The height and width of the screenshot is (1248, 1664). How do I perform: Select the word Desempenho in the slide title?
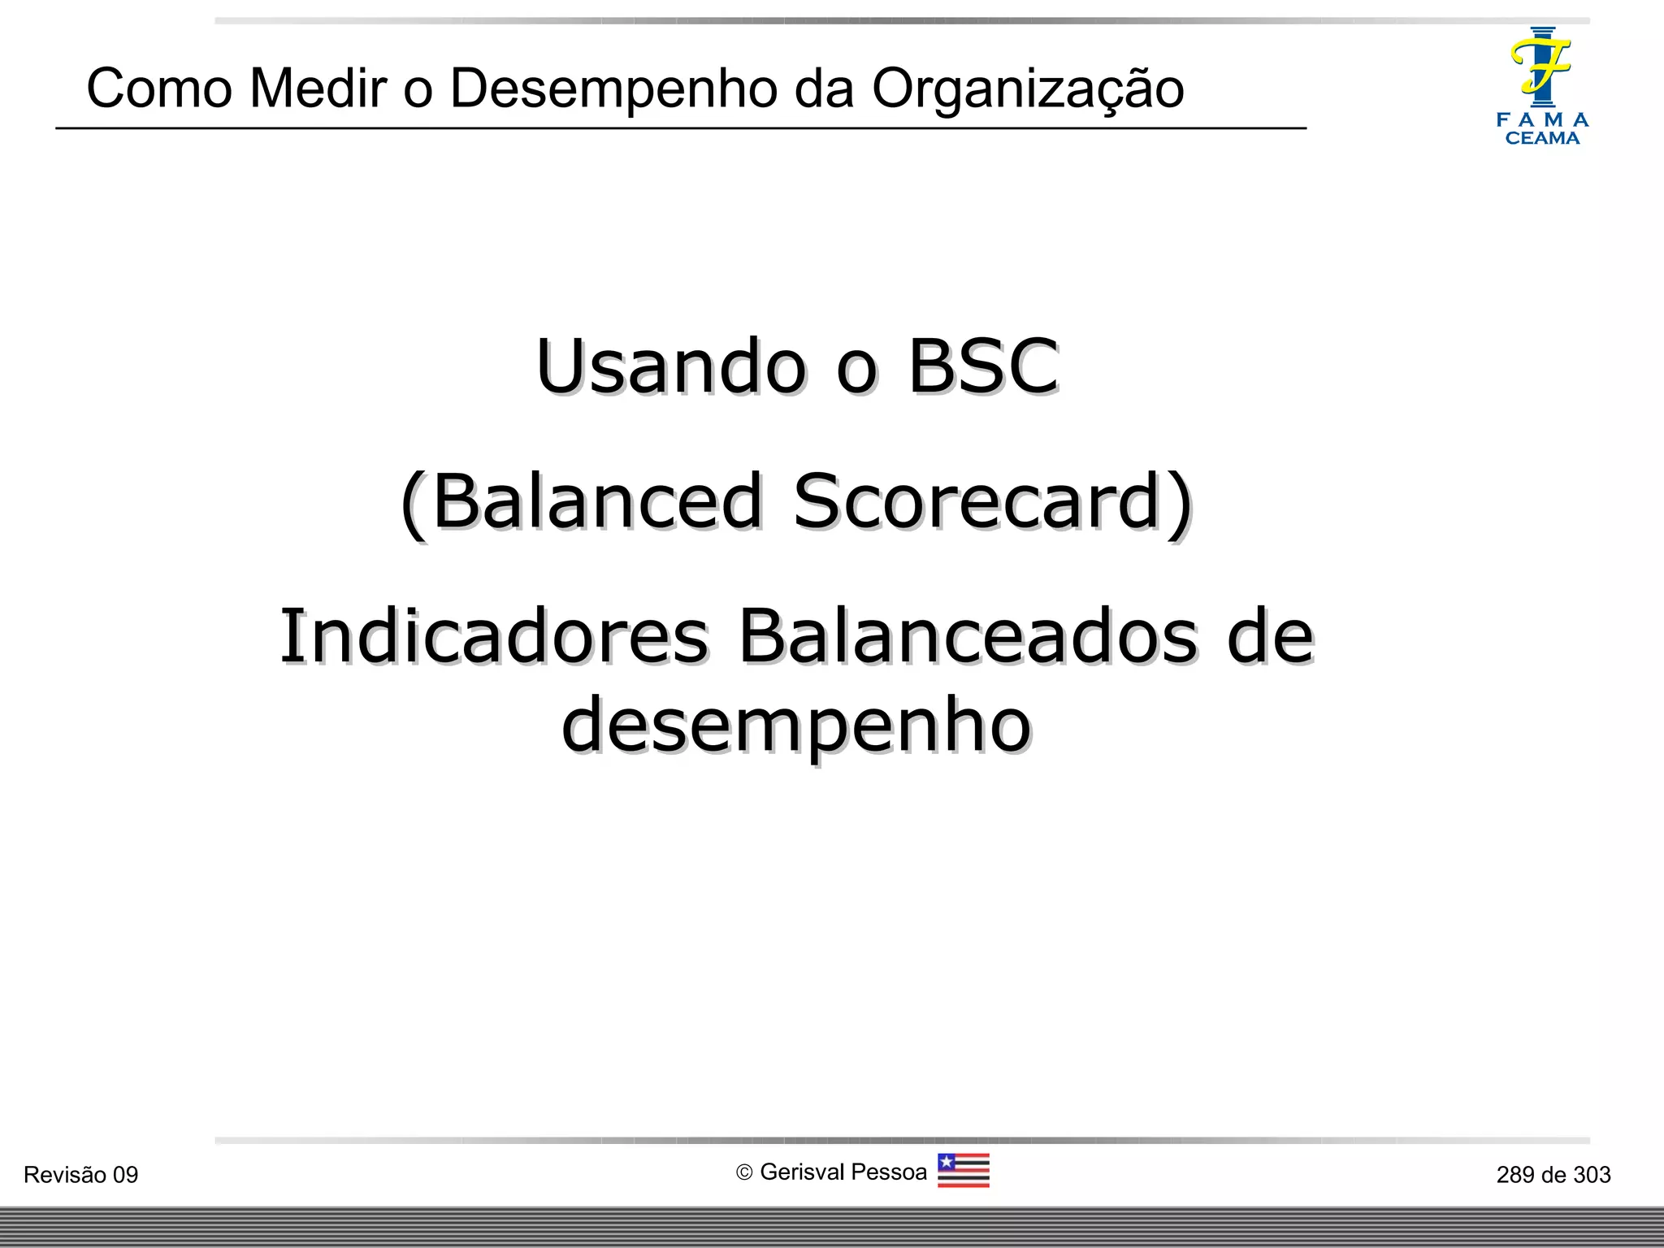click(x=613, y=89)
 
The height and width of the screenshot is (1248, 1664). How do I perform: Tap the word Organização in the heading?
click(x=1028, y=89)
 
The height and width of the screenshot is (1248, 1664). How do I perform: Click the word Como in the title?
click(x=159, y=88)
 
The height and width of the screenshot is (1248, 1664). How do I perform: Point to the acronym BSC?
click(x=983, y=366)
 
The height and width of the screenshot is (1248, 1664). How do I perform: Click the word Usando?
click(x=671, y=366)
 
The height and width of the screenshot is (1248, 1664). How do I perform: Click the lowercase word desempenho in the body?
click(x=796, y=725)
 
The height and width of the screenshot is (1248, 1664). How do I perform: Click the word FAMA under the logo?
click(x=1542, y=120)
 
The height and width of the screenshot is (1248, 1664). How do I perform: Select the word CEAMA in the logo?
click(x=1542, y=139)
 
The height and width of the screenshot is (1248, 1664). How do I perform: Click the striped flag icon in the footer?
click(x=963, y=1171)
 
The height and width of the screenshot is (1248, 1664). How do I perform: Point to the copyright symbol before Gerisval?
click(x=744, y=1172)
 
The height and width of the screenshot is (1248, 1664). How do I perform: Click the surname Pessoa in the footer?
click(x=890, y=1172)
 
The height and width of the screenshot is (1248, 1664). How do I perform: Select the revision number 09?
click(x=125, y=1175)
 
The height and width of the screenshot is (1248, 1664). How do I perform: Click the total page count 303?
click(x=1592, y=1175)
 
